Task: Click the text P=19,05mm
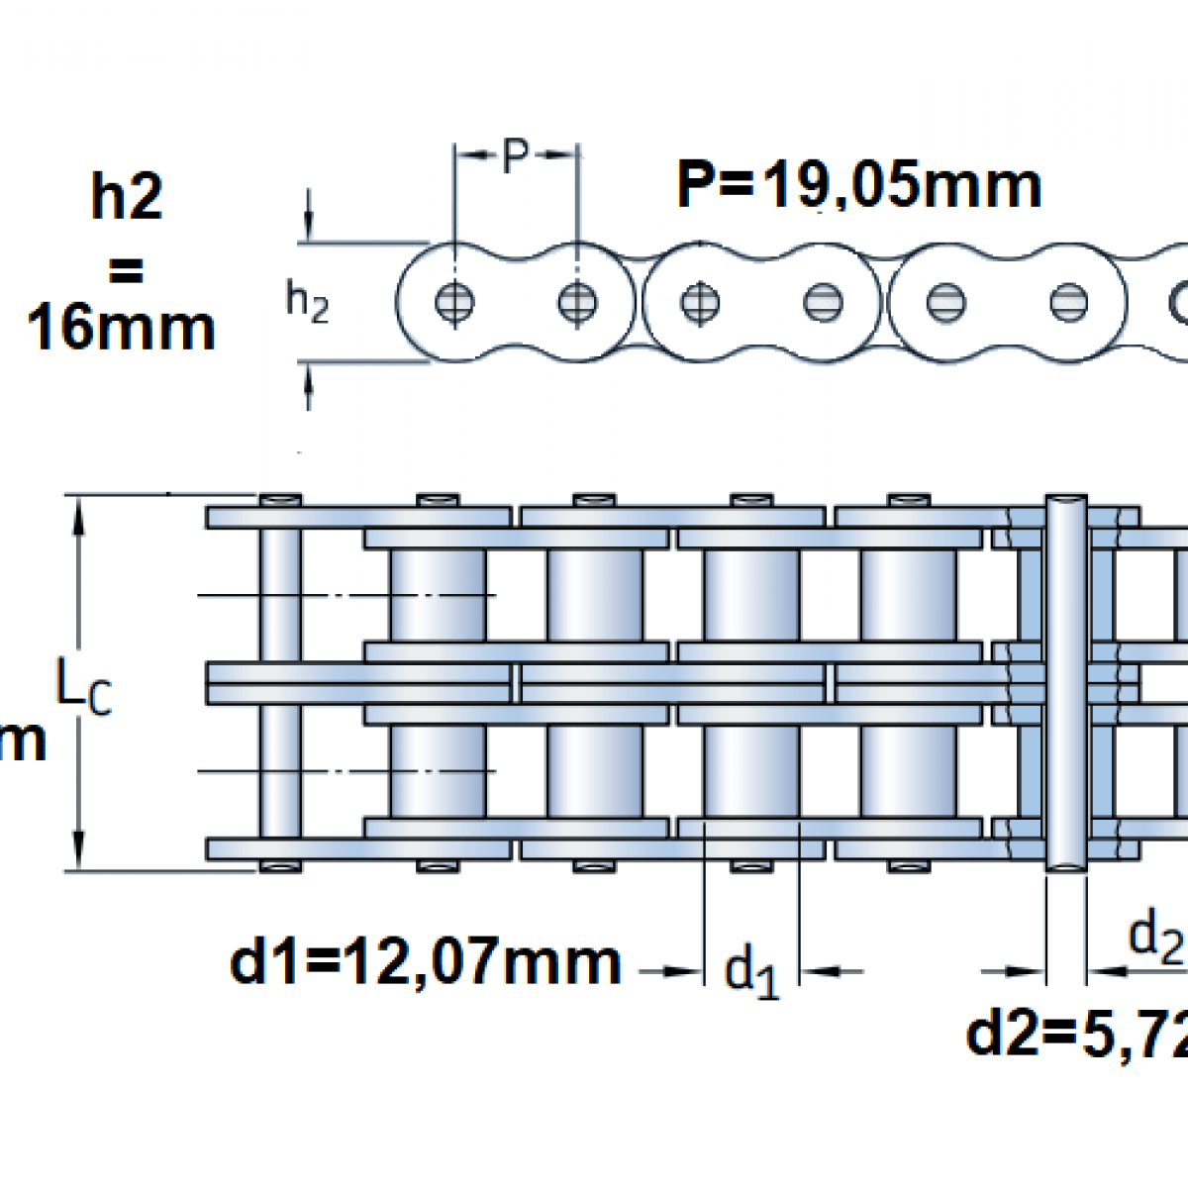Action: [858, 185]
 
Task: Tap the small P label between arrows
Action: [515, 155]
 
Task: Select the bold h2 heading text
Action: [126, 197]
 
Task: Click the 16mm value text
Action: [121, 328]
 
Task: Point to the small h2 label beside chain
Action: [307, 301]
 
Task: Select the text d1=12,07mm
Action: [426, 961]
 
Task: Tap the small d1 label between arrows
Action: [751, 971]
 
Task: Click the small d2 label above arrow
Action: [1156, 936]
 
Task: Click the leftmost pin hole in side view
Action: [454, 301]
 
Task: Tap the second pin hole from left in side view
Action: [577, 301]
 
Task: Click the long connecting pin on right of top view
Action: [1066, 683]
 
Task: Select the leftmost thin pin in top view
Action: [280, 683]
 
